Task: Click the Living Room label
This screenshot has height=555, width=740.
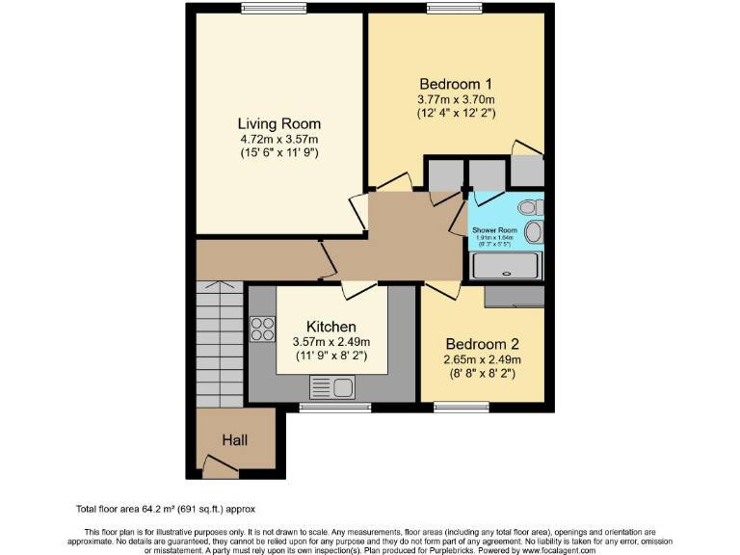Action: [279, 124]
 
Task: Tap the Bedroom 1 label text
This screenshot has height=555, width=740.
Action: [455, 83]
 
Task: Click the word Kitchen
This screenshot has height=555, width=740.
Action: [331, 327]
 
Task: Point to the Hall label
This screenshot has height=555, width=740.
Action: [235, 440]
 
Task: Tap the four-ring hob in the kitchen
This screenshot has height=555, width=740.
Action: [262, 330]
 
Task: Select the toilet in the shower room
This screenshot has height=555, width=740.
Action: [529, 207]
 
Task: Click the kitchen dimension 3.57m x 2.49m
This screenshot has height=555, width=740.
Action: [331, 342]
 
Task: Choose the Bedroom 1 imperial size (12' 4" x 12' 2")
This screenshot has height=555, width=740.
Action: [455, 113]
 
